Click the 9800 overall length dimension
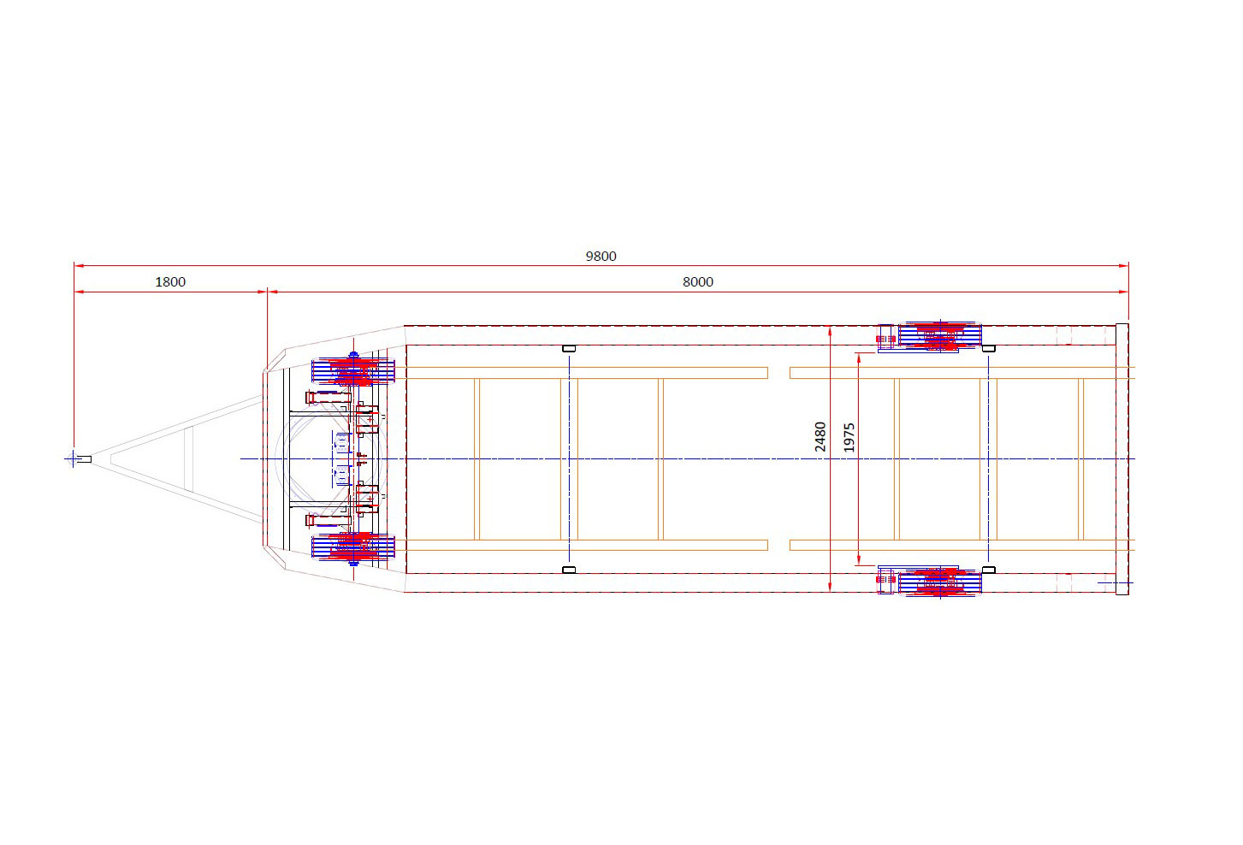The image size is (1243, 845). [x=601, y=257]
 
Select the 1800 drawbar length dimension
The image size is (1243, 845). [x=170, y=282]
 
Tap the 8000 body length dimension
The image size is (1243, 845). [x=697, y=282]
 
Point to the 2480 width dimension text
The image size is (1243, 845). [x=820, y=437]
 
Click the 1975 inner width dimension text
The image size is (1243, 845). [x=849, y=437]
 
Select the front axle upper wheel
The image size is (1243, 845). [x=353, y=371]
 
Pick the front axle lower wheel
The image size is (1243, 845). [x=353, y=547]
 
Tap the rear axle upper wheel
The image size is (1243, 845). [x=939, y=335]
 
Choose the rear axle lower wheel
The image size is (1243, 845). [x=939, y=582]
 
